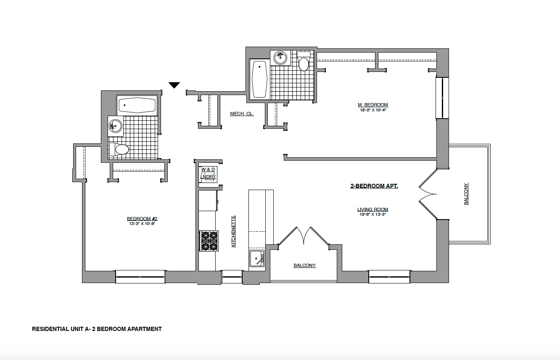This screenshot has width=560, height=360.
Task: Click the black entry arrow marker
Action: [174, 85]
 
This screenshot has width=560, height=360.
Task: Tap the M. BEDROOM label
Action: [372, 105]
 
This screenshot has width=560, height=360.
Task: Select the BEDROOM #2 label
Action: [142, 219]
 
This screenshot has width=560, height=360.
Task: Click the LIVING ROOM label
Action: [372, 209]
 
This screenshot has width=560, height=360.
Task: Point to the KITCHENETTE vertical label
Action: [233, 231]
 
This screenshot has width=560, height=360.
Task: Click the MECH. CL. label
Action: [242, 114]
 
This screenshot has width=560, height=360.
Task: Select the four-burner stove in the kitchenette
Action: [209, 241]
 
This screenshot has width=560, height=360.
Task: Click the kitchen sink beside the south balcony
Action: [256, 258]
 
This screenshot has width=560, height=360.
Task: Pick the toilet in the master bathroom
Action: [304, 62]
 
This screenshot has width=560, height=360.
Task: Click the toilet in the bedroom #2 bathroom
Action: [119, 149]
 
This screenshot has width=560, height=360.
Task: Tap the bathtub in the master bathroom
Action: [259, 79]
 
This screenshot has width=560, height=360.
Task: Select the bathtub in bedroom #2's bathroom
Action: [137, 105]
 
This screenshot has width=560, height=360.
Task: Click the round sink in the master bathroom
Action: [280, 57]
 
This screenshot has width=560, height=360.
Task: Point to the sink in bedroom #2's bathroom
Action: [115, 125]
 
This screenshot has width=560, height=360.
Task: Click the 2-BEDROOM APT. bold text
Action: [374, 186]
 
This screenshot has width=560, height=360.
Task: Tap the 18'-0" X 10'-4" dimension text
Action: [372, 110]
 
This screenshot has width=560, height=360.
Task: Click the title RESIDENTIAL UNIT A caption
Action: [97, 329]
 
